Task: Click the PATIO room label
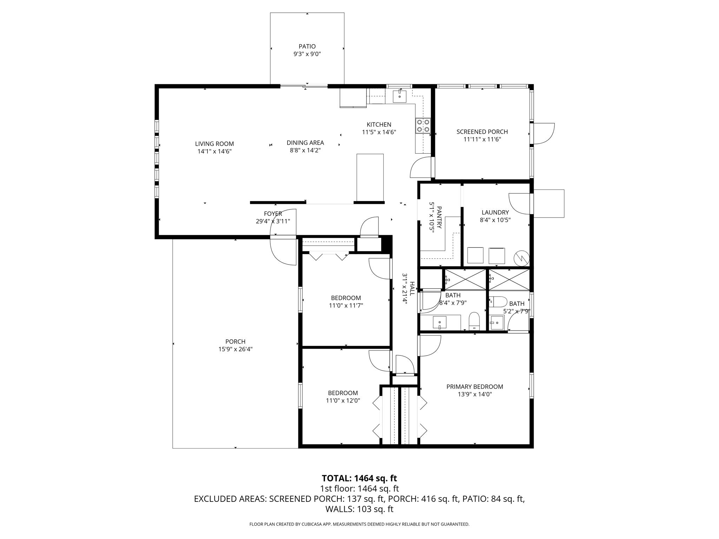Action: (307, 46)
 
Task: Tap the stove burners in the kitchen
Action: (423, 126)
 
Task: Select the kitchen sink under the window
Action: (400, 96)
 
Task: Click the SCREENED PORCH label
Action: (482, 132)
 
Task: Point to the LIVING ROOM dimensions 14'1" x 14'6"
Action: (215, 152)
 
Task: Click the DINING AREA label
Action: (305, 143)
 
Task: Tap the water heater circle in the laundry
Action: (521, 258)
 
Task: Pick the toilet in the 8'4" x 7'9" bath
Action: (474, 321)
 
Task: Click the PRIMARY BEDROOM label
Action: (475, 387)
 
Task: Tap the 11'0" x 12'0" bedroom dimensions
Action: (343, 401)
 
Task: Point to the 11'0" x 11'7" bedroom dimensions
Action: (346, 306)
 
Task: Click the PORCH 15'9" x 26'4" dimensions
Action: (235, 349)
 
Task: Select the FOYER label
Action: (273, 214)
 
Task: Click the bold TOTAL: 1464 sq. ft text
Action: (359, 478)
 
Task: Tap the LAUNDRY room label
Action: (495, 212)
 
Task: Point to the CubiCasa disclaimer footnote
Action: (359, 524)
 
